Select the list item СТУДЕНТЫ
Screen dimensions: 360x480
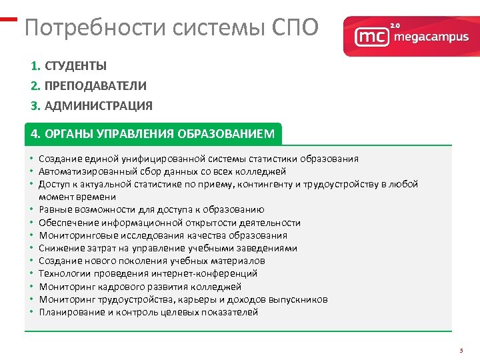[75, 66]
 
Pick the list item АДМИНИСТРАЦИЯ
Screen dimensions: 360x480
[98, 105]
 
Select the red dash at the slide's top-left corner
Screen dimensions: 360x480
[7, 19]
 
